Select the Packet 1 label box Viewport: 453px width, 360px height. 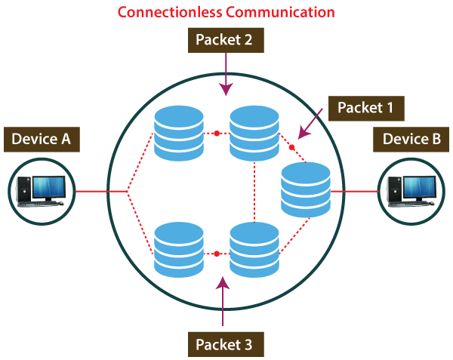tap(365, 107)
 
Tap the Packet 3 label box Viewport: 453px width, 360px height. tap(226, 345)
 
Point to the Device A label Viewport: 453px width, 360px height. tap(42, 140)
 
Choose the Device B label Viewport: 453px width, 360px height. tap(411, 139)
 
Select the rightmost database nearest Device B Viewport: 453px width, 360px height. tap(306, 190)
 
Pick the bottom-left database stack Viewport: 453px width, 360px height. tap(179, 249)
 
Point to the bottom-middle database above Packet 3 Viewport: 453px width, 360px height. tap(254, 249)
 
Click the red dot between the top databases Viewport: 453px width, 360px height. tap(217, 134)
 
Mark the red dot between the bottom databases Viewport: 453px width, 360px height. tap(217, 254)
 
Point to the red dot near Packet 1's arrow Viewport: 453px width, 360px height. tap(291, 147)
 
